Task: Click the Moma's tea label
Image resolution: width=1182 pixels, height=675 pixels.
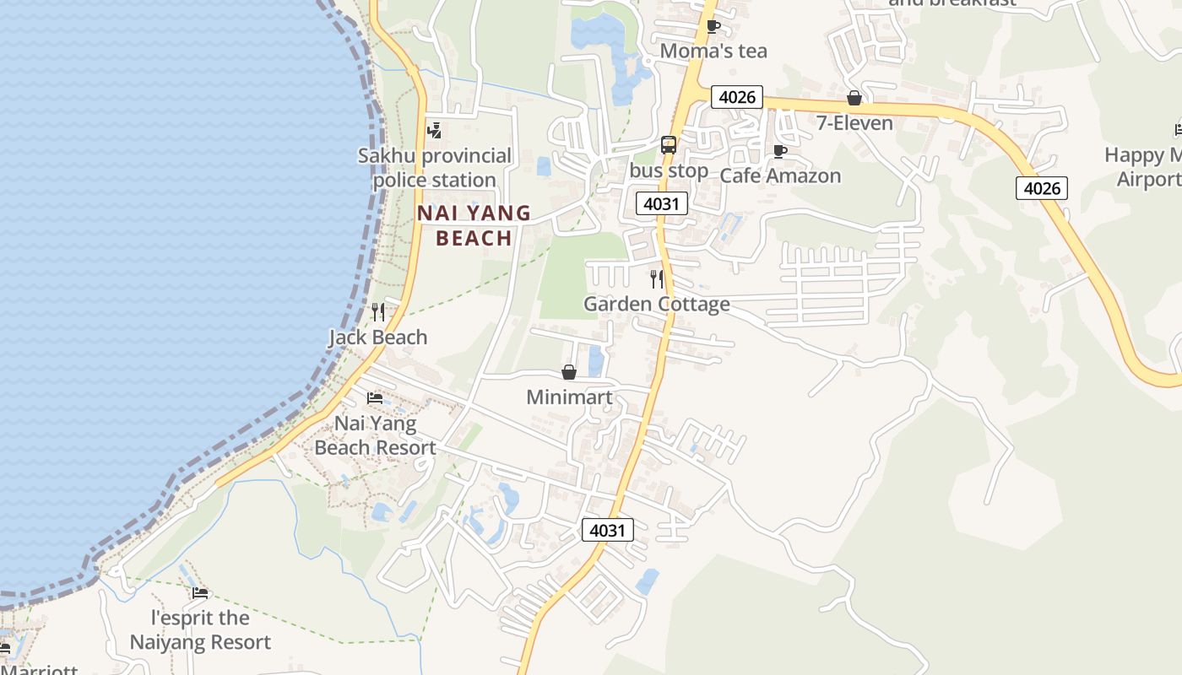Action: click(713, 51)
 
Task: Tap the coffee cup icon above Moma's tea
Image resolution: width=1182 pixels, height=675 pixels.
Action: click(713, 26)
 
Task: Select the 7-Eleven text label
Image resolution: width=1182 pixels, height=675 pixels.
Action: click(854, 123)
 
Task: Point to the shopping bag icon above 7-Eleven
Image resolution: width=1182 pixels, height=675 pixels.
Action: click(854, 98)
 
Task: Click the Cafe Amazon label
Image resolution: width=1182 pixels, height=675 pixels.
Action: click(780, 175)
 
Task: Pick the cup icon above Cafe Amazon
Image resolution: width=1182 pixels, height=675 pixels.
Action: click(780, 151)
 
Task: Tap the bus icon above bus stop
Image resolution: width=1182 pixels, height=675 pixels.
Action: click(669, 145)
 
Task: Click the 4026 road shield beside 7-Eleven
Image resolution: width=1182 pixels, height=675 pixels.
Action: click(737, 96)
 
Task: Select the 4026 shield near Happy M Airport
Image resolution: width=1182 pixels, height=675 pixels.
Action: click(1042, 188)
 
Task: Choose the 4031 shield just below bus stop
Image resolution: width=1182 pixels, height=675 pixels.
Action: click(662, 203)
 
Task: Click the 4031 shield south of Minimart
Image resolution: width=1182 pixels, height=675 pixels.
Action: click(607, 530)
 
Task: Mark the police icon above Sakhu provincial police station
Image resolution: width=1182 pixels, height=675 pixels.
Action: click(435, 130)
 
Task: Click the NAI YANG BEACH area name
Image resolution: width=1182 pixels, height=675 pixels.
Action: click(474, 225)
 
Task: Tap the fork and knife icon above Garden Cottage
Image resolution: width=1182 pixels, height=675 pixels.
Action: click(657, 278)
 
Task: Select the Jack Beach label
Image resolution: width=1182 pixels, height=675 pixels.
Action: click(378, 337)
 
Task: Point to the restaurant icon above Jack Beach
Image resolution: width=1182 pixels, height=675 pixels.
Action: click(378, 312)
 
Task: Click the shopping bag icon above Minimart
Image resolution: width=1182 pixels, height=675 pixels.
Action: click(569, 372)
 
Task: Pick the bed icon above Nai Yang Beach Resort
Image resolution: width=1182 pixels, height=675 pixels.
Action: click(375, 398)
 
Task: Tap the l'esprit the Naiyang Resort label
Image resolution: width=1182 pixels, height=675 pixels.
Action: click(200, 630)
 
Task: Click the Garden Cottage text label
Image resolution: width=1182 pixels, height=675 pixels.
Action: click(657, 304)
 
